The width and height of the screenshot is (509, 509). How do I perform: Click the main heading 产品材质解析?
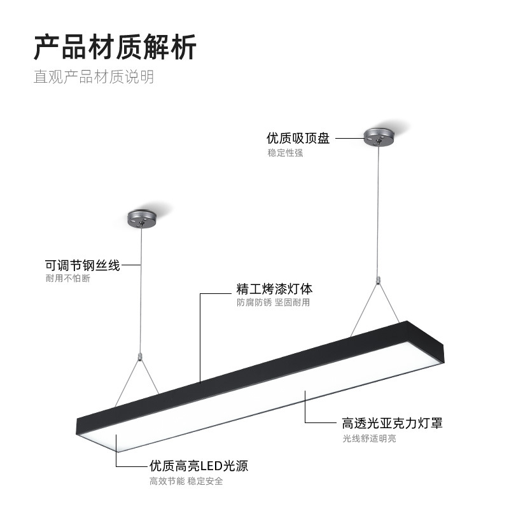point(115,47)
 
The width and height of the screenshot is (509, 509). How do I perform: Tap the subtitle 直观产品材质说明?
point(94,78)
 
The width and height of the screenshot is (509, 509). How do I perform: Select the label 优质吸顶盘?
point(298,138)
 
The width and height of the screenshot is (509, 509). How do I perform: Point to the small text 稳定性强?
point(285,153)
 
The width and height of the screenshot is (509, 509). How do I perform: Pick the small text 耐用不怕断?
point(67,279)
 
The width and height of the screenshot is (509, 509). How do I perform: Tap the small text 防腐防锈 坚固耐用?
point(273,302)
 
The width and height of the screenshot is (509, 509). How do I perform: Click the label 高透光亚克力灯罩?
point(392,424)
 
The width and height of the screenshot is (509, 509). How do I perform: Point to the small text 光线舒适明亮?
point(369,438)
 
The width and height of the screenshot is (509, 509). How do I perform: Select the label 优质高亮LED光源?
point(199,466)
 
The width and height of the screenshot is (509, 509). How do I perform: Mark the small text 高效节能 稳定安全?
point(186,482)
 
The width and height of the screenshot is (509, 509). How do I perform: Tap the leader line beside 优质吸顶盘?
point(348,137)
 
